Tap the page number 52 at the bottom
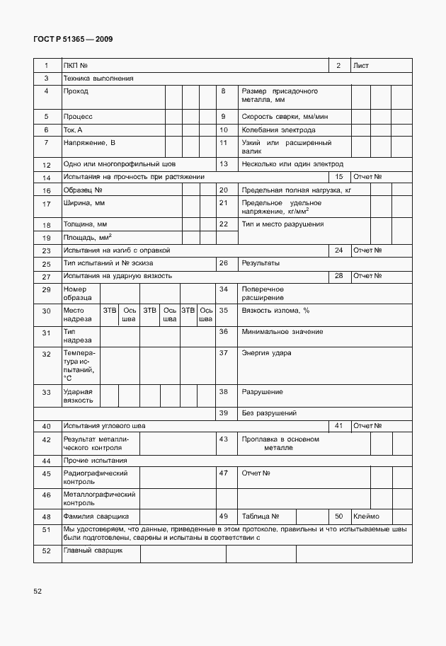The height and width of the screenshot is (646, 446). coord(38,590)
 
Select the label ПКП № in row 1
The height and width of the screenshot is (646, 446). coord(75,66)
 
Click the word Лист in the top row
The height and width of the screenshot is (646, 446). coord(361,66)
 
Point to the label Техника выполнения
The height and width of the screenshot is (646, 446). coord(98,79)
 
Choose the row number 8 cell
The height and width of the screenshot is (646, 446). coord(223,91)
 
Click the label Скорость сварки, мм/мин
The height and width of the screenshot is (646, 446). coord(285,116)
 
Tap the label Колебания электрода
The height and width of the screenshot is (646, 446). coord(278,130)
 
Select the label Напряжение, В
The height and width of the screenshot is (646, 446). coord(89,143)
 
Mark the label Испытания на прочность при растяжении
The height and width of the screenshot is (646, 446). coord(134,176)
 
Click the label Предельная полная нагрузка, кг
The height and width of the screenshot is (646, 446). coord(297,190)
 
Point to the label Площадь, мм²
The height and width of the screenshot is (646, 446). coord(88,238)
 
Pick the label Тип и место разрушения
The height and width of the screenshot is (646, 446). coord(282,224)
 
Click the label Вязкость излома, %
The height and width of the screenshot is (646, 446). coord(276,310)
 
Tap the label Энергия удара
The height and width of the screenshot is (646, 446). coord(266,352)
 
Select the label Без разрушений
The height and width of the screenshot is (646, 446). coord(269,413)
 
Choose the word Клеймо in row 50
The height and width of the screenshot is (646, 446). coord(367,516)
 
